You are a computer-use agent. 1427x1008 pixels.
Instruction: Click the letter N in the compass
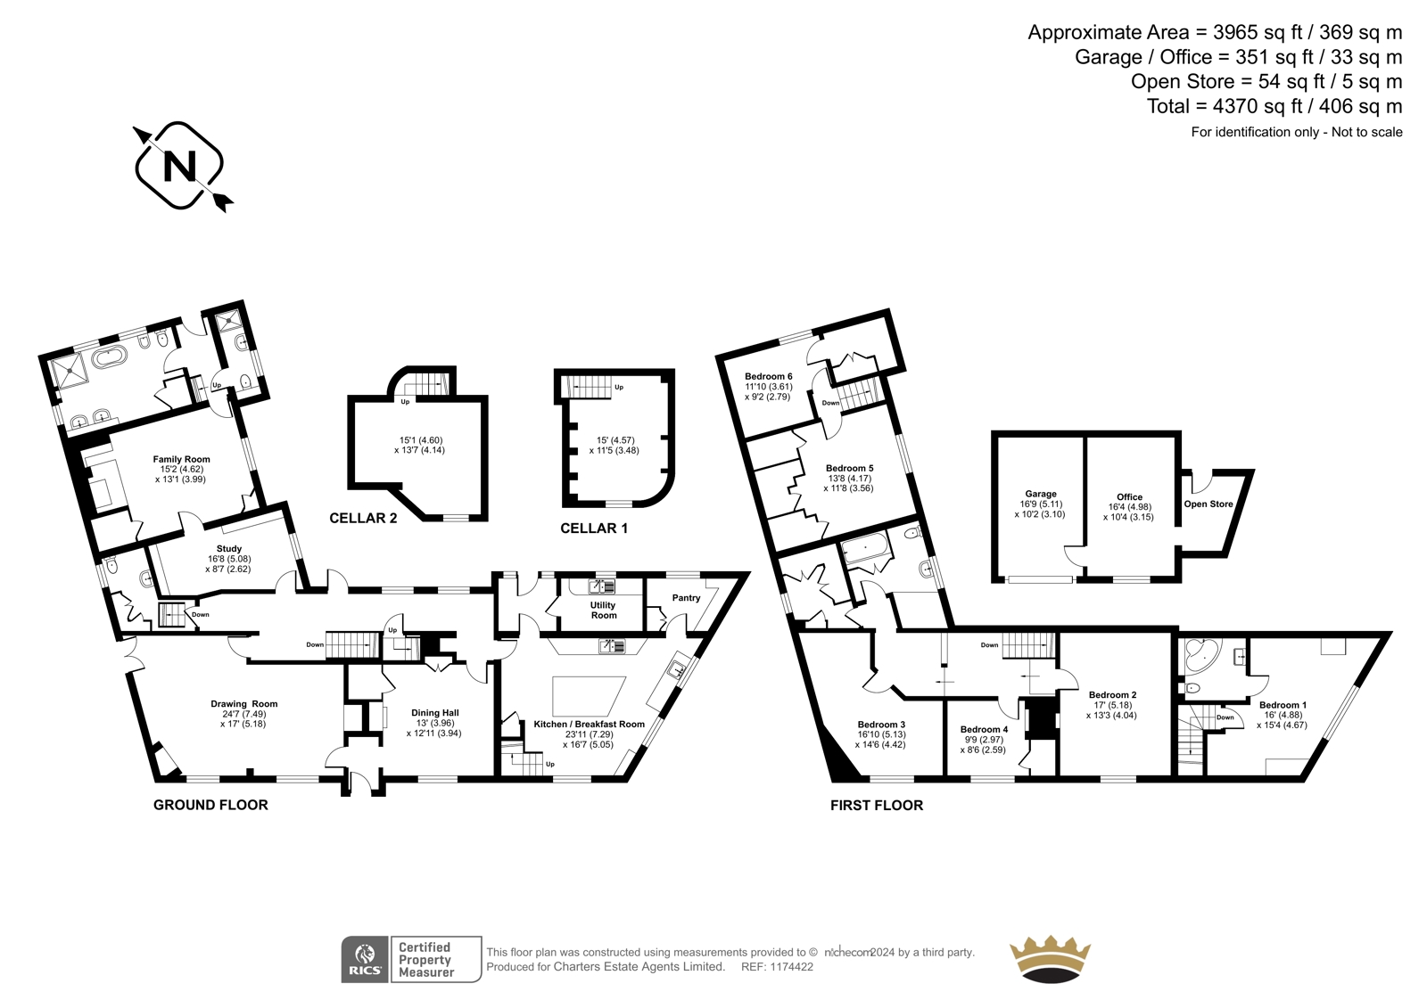tap(179, 167)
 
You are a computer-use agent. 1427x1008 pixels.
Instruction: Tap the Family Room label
tap(182, 458)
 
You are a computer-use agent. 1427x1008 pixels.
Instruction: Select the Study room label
tap(228, 548)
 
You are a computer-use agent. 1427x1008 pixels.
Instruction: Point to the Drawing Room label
tap(244, 703)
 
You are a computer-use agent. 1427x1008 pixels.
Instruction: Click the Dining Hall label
tap(435, 712)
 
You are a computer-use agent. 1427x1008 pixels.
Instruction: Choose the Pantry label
tap(686, 597)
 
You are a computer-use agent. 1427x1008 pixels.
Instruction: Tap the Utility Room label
tap(603, 610)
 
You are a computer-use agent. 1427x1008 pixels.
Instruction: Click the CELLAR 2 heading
tap(363, 519)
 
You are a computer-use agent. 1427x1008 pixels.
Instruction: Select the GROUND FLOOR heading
tap(210, 805)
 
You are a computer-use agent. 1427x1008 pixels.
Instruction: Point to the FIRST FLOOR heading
tap(877, 805)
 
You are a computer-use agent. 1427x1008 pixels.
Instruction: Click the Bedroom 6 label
tap(769, 376)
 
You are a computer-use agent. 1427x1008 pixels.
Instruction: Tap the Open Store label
tap(1208, 504)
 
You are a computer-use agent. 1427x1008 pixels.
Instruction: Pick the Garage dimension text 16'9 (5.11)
tap(1040, 504)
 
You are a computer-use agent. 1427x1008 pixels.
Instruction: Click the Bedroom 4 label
tap(985, 729)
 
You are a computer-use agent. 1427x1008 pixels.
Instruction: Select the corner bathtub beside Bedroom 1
tap(1200, 657)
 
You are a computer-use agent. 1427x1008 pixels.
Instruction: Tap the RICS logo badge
tap(365, 960)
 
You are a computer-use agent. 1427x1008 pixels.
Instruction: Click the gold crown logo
tap(1050, 960)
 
